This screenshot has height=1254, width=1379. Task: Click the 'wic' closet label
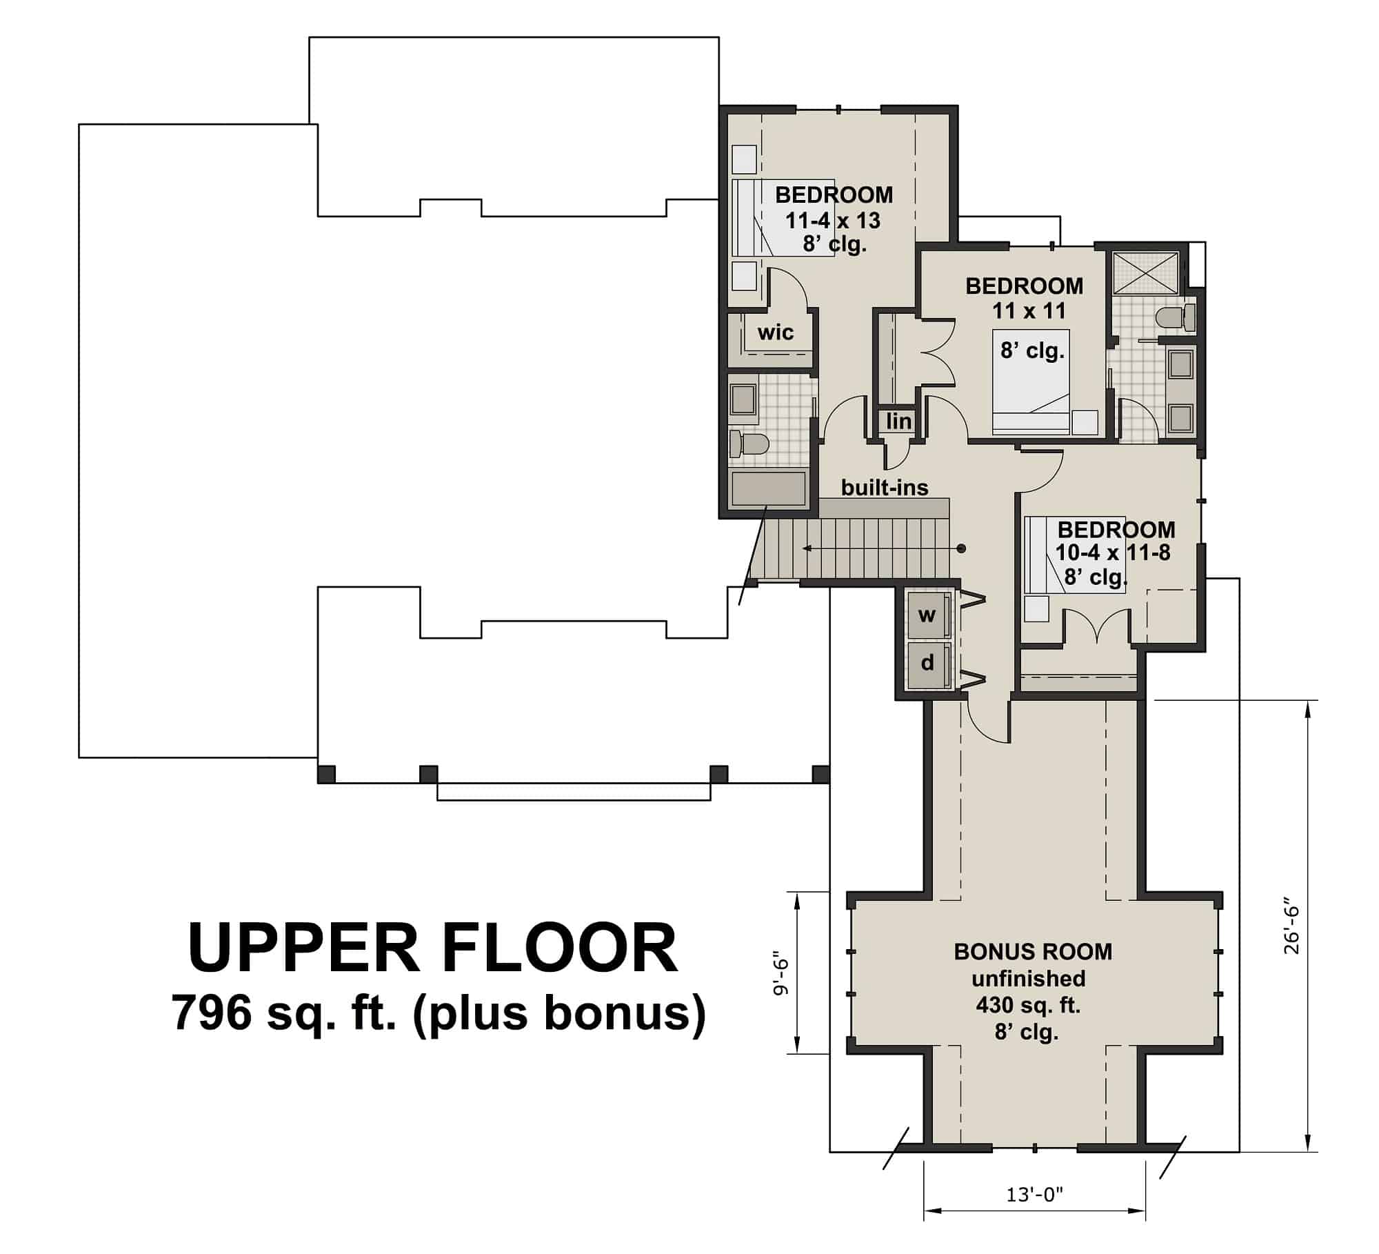click(x=775, y=332)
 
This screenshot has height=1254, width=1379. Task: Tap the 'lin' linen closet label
click(x=898, y=421)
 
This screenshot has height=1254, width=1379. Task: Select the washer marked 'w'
click(x=927, y=615)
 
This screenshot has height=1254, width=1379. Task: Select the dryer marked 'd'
click(x=927, y=663)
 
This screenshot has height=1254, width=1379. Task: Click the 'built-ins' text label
click(x=885, y=488)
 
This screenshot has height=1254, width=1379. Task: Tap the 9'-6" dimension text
click(x=780, y=977)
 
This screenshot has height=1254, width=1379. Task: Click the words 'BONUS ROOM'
click(x=1032, y=952)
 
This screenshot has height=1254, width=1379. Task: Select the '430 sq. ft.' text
click(x=1027, y=1005)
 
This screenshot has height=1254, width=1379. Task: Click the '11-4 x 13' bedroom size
click(x=833, y=220)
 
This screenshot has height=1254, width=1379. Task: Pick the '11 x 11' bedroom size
click(x=1028, y=311)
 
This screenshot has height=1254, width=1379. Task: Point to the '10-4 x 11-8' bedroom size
click(x=1112, y=553)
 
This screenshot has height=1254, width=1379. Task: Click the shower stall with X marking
click(x=1145, y=273)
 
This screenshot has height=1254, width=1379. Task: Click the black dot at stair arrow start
click(x=961, y=548)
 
